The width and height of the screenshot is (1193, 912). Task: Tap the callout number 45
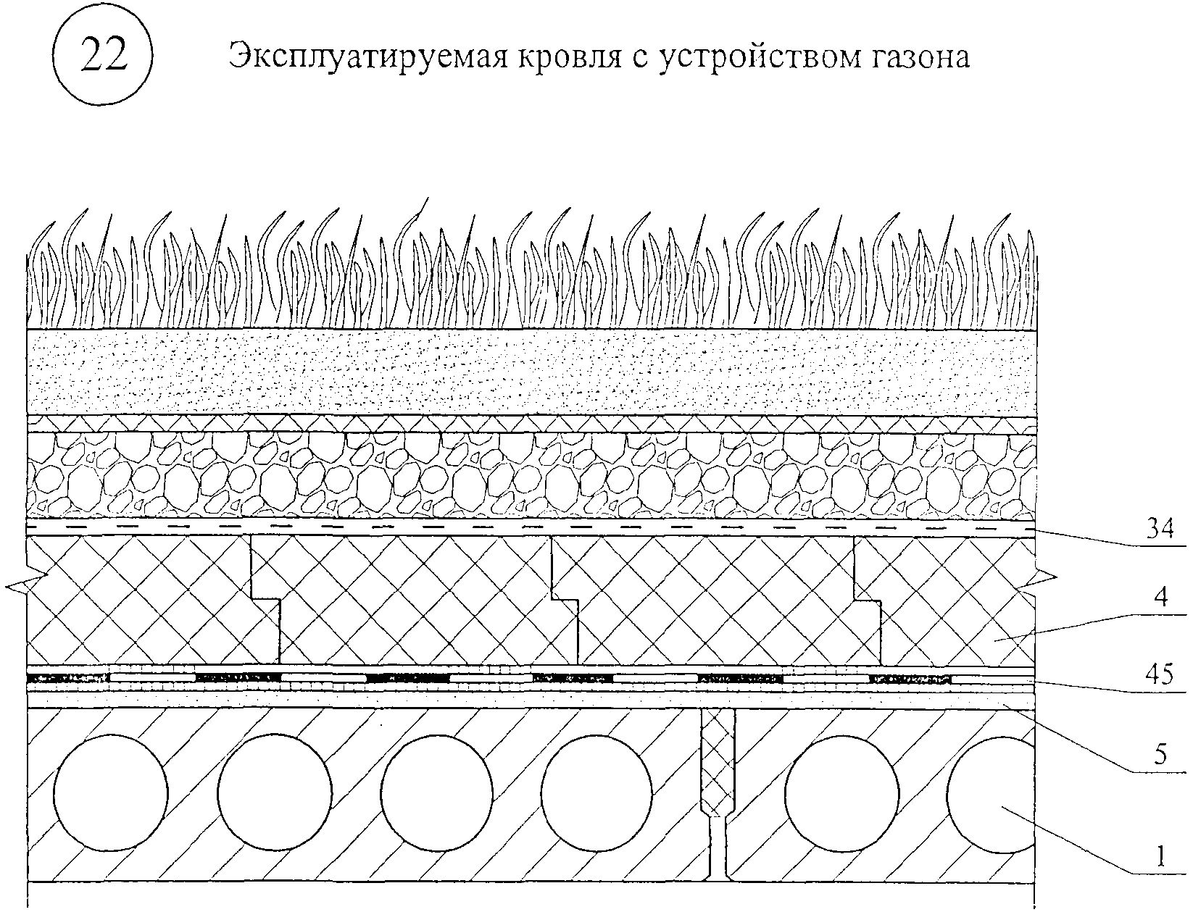pyautogui.click(x=1159, y=675)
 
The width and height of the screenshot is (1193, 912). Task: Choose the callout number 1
pyautogui.click(x=1160, y=856)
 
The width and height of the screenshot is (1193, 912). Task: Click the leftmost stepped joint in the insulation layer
pyautogui.click(x=265, y=600)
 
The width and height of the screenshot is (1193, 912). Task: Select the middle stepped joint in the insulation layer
pyautogui.click(x=565, y=600)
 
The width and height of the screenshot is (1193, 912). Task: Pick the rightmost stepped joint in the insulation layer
pyautogui.click(x=868, y=600)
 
